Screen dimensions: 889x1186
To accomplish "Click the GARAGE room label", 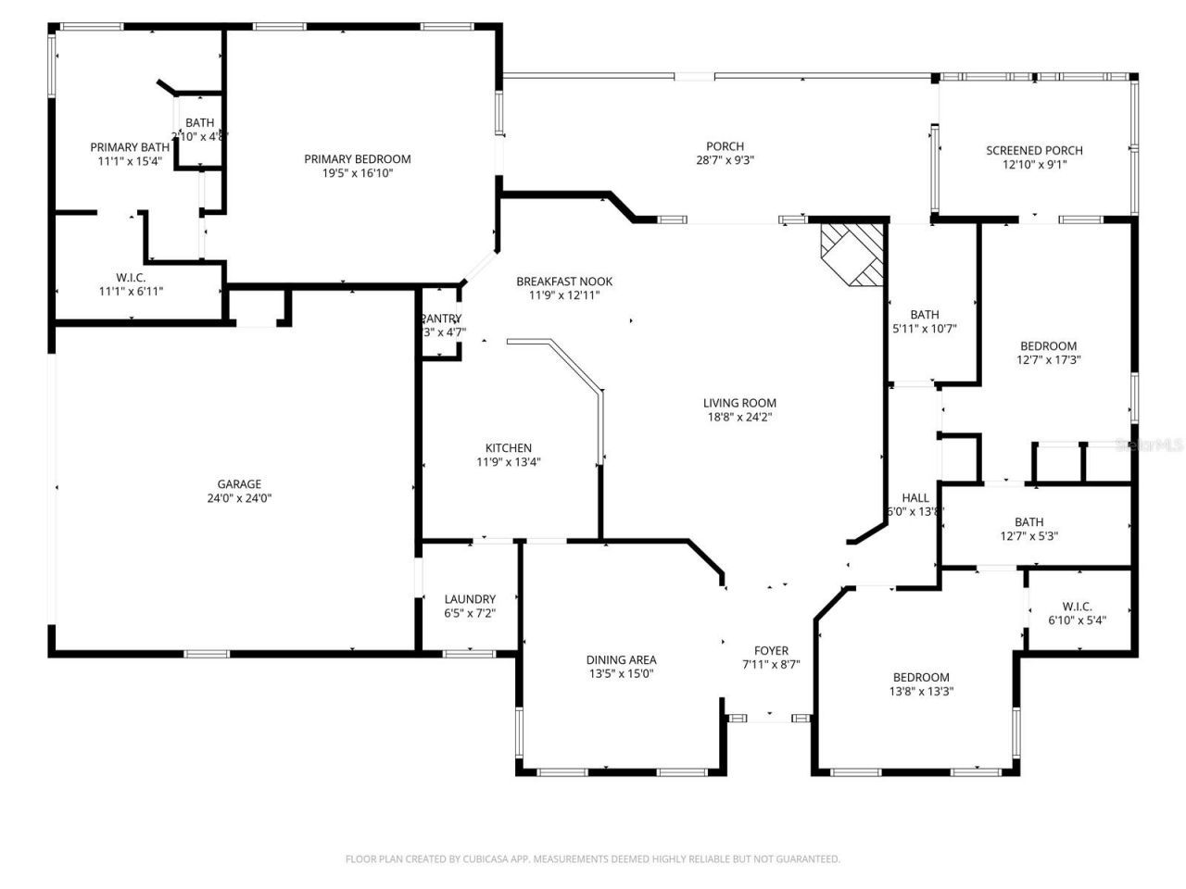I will pos(239,483).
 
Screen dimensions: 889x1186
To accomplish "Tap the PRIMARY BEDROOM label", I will pos(358,158).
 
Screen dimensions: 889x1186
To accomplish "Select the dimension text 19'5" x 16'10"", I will pos(358,172).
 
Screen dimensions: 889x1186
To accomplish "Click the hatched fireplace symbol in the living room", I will pos(852,253).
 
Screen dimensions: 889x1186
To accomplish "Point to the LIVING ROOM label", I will pos(739,403).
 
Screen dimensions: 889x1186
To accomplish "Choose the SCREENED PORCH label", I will pos(1034,150).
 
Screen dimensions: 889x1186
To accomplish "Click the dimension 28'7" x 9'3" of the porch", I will pos(725,159).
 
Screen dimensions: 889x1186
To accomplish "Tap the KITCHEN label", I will pos(509,448).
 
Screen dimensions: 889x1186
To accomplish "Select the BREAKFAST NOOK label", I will pos(564,282).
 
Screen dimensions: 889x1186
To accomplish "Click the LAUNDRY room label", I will pos(470,599).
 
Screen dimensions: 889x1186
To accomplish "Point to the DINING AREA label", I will pos(621,660).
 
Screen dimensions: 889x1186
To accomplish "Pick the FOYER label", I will pos(771,650).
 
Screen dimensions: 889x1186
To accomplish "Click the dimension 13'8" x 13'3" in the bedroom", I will pos(921,691).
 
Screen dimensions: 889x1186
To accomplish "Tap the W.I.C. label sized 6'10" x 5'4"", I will pos(1077,607).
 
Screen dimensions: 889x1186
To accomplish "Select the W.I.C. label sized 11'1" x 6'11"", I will pos(131,277).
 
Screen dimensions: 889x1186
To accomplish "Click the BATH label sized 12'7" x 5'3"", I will pos(1028,521).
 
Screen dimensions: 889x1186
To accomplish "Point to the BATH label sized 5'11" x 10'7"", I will pos(924,314).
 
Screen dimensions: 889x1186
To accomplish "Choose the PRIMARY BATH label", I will pos(130,147).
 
